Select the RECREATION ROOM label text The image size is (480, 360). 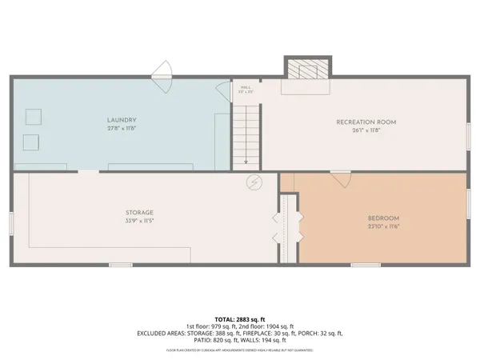[366, 122]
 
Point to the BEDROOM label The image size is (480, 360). [383, 218]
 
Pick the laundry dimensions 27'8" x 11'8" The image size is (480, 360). [122, 128]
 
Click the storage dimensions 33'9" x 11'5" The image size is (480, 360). [138, 221]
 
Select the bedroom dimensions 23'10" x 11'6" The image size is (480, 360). [383, 226]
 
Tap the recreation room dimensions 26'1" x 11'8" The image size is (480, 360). [366, 131]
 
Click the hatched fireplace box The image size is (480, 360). [308, 71]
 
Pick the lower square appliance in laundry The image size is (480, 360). [31, 142]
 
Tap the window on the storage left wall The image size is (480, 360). [11, 223]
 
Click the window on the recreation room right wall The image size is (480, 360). [469, 135]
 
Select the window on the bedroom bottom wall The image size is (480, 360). [365, 264]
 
